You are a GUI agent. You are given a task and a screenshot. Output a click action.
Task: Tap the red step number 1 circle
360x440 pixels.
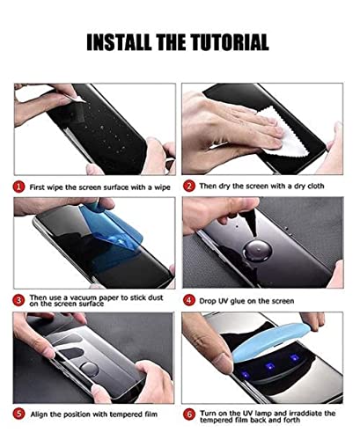pos(18,187)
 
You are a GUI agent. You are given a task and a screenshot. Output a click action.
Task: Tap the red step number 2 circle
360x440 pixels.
pos(188,187)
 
